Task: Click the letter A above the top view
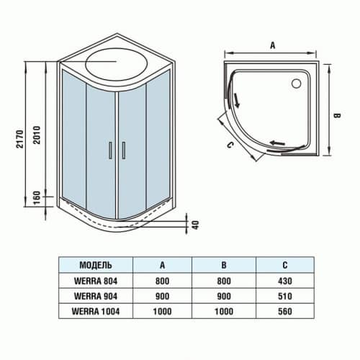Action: (273, 44)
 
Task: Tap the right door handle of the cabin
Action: (124, 150)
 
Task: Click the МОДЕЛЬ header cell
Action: (95, 264)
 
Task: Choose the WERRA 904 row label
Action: (95, 295)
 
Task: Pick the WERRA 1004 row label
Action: (95, 310)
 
